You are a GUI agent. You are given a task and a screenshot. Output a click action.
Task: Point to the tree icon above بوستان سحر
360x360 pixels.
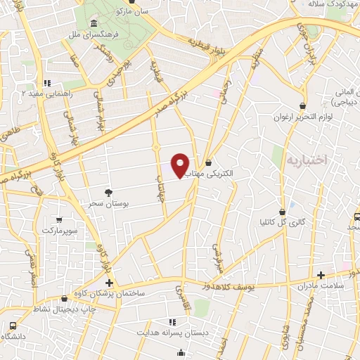[108, 191]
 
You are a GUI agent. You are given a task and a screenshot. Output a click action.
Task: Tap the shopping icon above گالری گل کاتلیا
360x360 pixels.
[283, 211]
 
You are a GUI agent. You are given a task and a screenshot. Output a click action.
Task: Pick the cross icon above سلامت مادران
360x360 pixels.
[321, 274]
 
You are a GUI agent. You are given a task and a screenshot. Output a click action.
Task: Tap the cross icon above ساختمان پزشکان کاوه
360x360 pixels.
[109, 282]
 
